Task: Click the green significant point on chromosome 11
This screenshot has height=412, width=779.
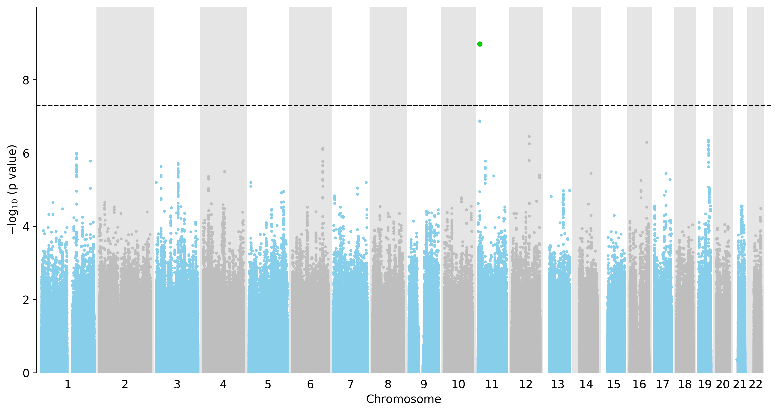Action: (x=480, y=44)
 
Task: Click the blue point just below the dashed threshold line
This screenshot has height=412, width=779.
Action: (x=480, y=121)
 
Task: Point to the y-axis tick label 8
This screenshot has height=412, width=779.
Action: (x=26, y=80)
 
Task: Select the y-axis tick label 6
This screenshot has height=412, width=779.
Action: (x=26, y=153)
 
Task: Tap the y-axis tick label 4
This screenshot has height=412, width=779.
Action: (x=26, y=227)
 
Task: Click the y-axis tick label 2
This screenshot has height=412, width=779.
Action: (x=26, y=300)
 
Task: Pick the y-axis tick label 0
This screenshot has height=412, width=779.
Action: (x=26, y=373)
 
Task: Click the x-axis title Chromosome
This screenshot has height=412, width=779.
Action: (x=404, y=399)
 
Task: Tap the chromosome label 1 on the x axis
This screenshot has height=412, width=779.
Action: (x=68, y=384)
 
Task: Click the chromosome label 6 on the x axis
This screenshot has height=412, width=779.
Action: (x=310, y=384)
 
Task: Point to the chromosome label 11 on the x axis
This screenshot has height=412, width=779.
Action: (x=492, y=384)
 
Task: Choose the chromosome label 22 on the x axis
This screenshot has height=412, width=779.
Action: (x=755, y=384)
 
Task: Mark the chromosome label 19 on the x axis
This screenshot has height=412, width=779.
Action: (x=705, y=384)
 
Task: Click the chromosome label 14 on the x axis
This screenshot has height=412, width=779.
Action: (x=586, y=384)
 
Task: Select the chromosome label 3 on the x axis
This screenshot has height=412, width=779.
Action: (x=177, y=384)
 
